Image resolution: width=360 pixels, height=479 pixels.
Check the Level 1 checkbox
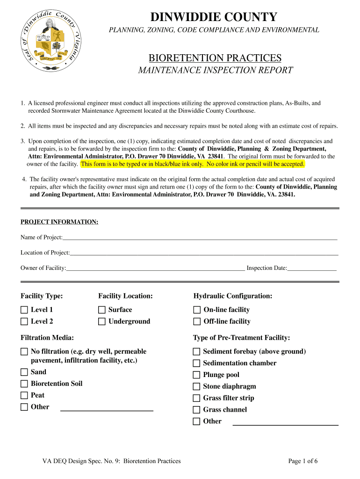tap(24, 310)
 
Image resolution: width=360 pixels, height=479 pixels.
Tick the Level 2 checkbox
tap(24, 321)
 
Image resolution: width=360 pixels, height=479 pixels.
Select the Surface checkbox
tap(102, 310)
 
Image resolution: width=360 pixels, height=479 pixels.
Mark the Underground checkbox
tap(102, 321)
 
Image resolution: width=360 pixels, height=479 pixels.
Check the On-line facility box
tap(197, 310)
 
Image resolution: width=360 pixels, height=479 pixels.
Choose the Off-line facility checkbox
tap(197, 321)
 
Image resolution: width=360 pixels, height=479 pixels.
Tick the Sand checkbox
tap(24, 372)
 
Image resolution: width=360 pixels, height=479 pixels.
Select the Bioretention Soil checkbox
tap(24, 384)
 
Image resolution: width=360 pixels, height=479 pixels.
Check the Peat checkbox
tap(24, 395)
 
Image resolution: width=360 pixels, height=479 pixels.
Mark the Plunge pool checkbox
tap(196, 375)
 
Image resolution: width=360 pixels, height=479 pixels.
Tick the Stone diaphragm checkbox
tap(196, 386)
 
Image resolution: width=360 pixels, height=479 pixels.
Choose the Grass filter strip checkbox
tap(196, 398)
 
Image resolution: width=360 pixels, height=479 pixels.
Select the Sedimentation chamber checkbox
tap(196, 363)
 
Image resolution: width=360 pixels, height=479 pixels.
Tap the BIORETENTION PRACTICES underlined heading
tap(215, 58)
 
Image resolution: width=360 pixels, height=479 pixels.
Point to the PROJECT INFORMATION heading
tap(59, 222)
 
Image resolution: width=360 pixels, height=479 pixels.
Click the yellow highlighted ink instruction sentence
tap(193, 164)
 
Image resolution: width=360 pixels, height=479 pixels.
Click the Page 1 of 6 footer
tap(303, 461)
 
